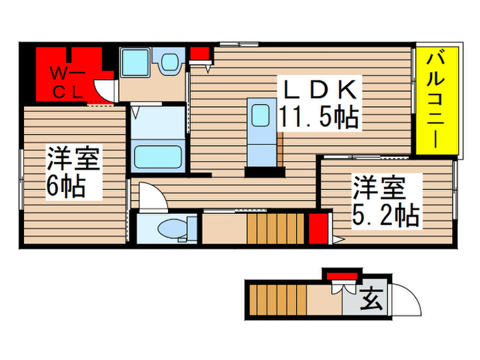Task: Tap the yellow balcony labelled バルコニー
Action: coord(435,101)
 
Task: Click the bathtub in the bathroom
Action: coord(158,156)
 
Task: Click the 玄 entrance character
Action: coord(371,299)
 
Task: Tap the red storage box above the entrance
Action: coord(339,276)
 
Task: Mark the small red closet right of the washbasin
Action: coord(199,53)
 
